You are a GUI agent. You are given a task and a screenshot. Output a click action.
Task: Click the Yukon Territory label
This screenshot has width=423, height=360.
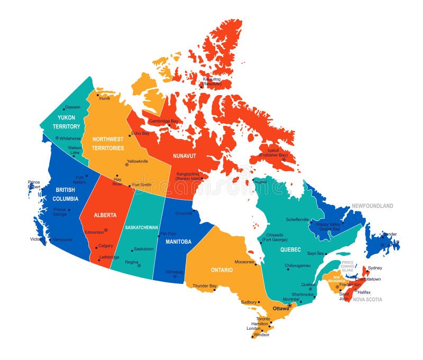pyautogui.click(x=66, y=122)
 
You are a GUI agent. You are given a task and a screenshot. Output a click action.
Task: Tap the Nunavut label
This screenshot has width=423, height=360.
pyautogui.click(x=185, y=156)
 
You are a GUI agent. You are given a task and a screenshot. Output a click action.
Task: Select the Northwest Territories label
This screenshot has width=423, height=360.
pyautogui.click(x=108, y=143)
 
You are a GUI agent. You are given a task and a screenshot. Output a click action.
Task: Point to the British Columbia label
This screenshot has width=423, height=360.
pyautogui.click(x=66, y=194)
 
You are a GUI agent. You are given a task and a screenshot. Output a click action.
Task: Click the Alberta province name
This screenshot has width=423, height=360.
pyautogui.click(x=105, y=215)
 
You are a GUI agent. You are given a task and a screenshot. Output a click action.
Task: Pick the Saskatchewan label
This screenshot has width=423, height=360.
pyautogui.click(x=141, y=227)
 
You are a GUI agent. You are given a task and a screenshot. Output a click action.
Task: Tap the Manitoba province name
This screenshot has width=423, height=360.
pyautogui.click(x=178, y=242)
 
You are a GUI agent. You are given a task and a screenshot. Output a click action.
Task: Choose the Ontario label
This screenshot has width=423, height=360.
pyautogui.click(x=222, y=270)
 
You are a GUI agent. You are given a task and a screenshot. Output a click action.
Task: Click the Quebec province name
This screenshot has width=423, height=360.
pyautogui.click(x=290, y=249)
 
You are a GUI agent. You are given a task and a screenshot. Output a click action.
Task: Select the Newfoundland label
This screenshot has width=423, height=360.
pyautogui.click(x=373, y=206)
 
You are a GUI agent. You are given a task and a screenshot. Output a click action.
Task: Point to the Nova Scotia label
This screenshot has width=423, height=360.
pyautogui.click(x=367, y=299)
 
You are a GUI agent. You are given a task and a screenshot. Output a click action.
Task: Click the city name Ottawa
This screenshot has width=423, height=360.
pyautogui.click(x=280, y=308)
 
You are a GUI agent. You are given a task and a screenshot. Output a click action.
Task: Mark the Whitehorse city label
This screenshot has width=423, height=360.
pyautogui.click(x=70, y=139)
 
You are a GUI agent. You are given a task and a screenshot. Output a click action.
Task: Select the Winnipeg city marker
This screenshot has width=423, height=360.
pyautogui.click(x=174, y=276)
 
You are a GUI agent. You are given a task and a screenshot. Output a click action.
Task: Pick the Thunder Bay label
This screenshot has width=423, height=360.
pyautogui.click(x=205, y=286)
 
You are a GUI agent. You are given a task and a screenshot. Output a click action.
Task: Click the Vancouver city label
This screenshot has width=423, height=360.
pyautogui.click(x=63, y=239)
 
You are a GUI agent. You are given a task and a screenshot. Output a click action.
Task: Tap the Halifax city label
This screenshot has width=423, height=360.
pyautogui.click(x=364, y=292)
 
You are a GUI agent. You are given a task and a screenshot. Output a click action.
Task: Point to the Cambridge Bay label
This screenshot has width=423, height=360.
pyautogui.click(x=164, y=121)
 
